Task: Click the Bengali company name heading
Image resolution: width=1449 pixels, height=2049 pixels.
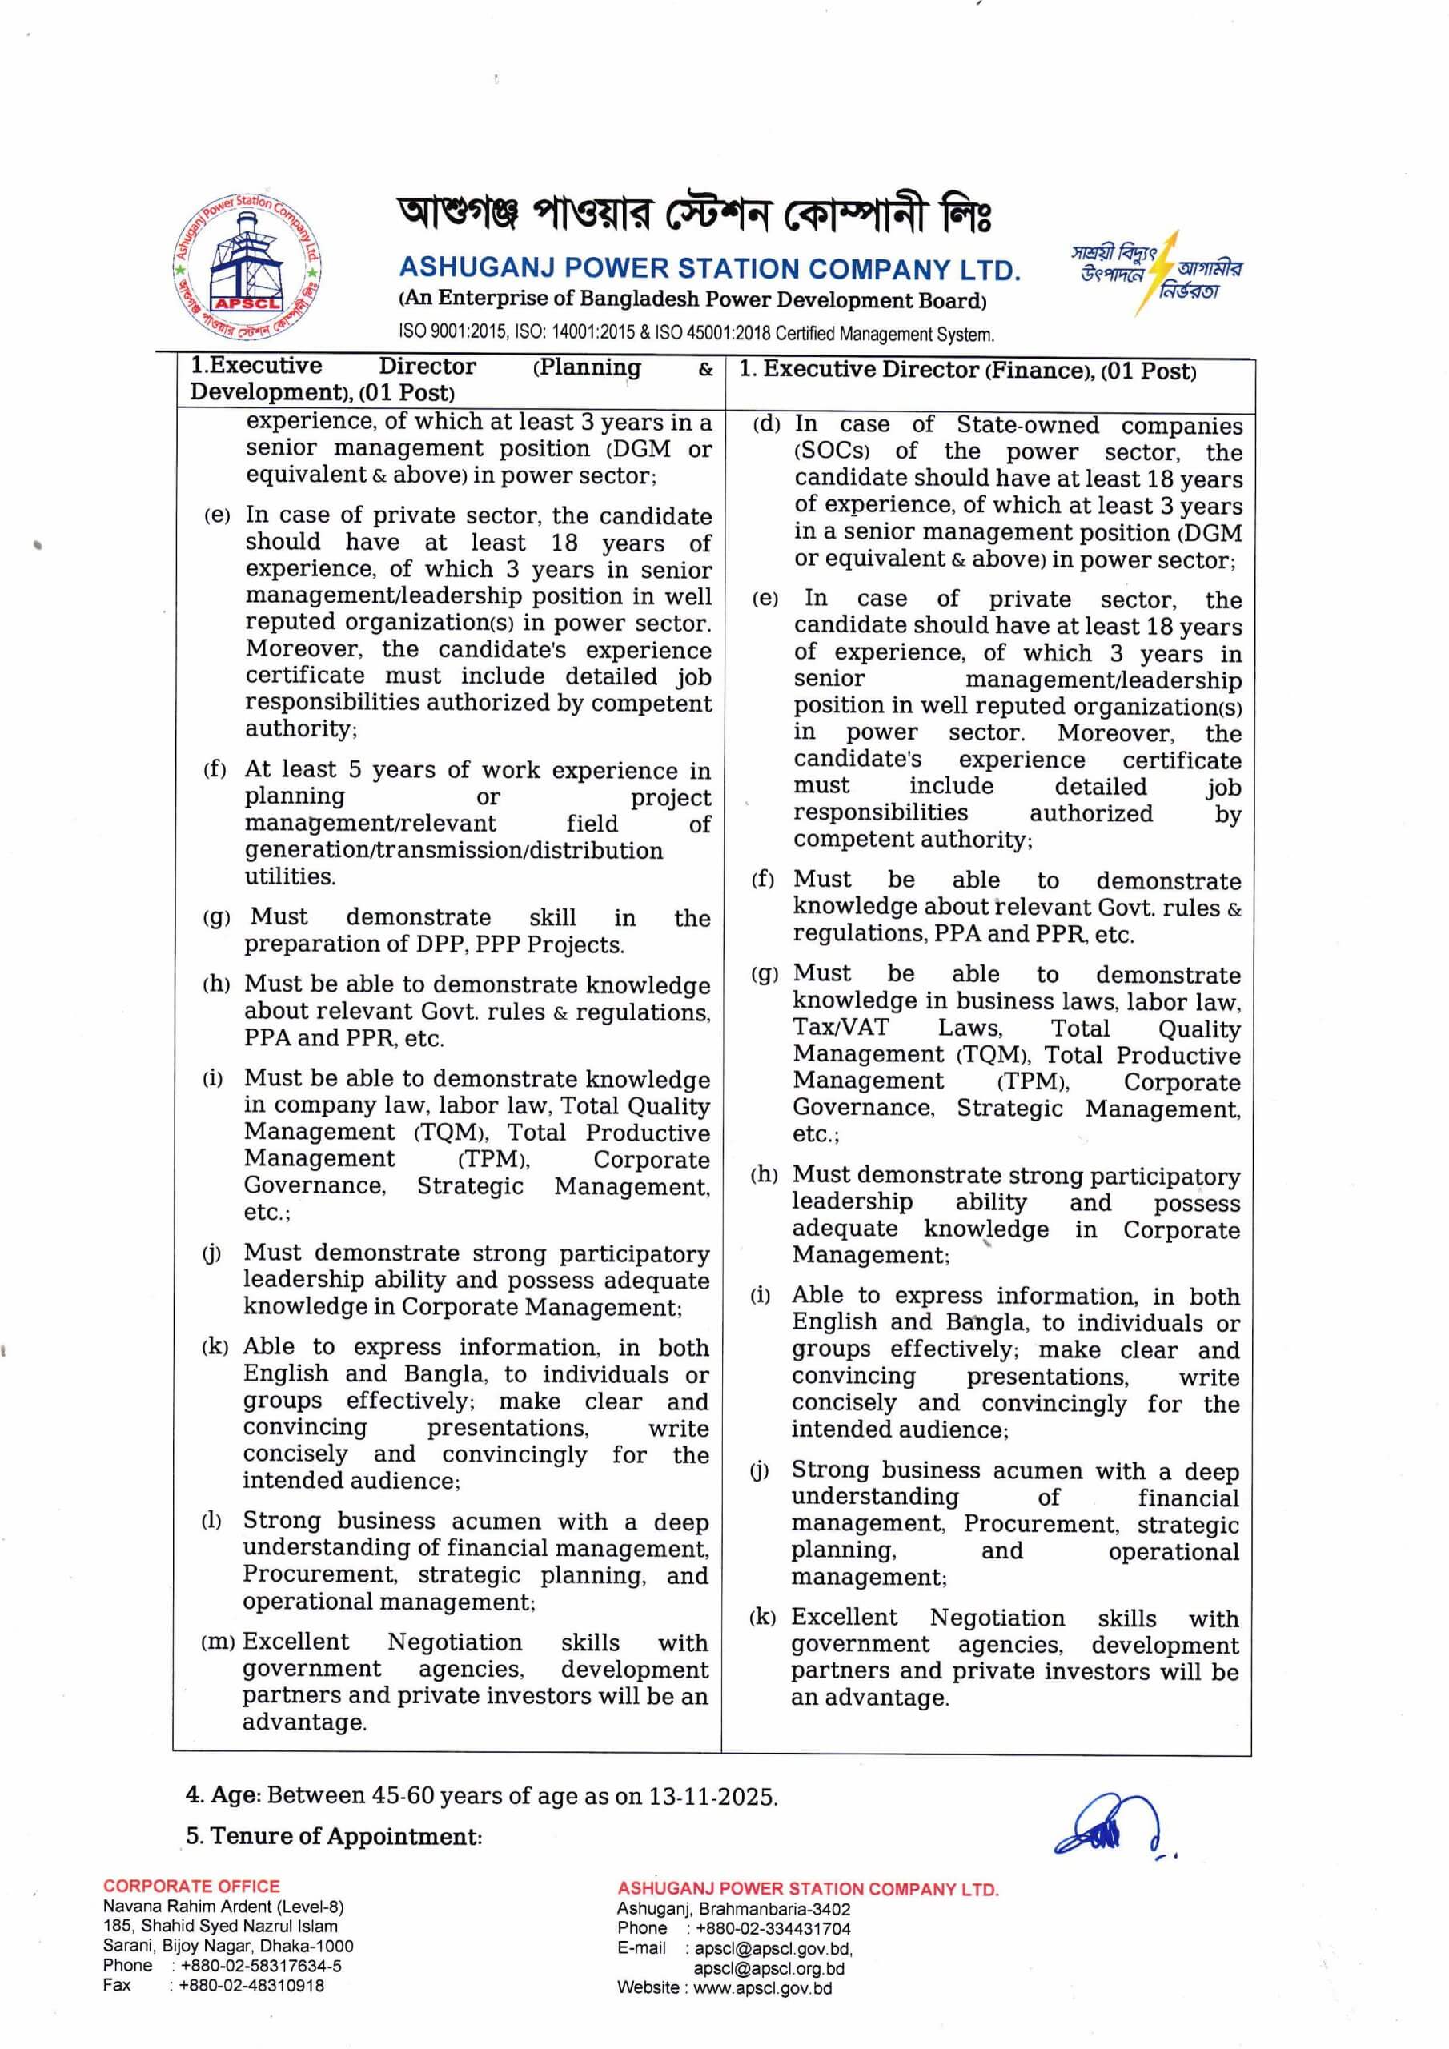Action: [x=695, y=215]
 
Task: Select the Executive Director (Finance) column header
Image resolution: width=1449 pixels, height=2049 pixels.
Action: [x=967, y=371]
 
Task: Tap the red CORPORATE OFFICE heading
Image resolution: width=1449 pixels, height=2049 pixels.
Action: [x=191, y=1886]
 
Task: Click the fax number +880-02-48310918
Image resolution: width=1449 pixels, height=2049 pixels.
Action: [x=248, y=1985]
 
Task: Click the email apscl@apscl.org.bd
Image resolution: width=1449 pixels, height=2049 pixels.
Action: [x=769, y=1968]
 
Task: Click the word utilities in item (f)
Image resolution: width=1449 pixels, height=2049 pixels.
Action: [x=290, y=876]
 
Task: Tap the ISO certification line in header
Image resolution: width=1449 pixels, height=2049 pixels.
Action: [x=696, y=334]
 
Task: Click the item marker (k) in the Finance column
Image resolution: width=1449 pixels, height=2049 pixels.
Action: [x=761, y=1617]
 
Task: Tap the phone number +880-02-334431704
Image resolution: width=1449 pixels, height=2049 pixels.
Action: [x=773, y=1928]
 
